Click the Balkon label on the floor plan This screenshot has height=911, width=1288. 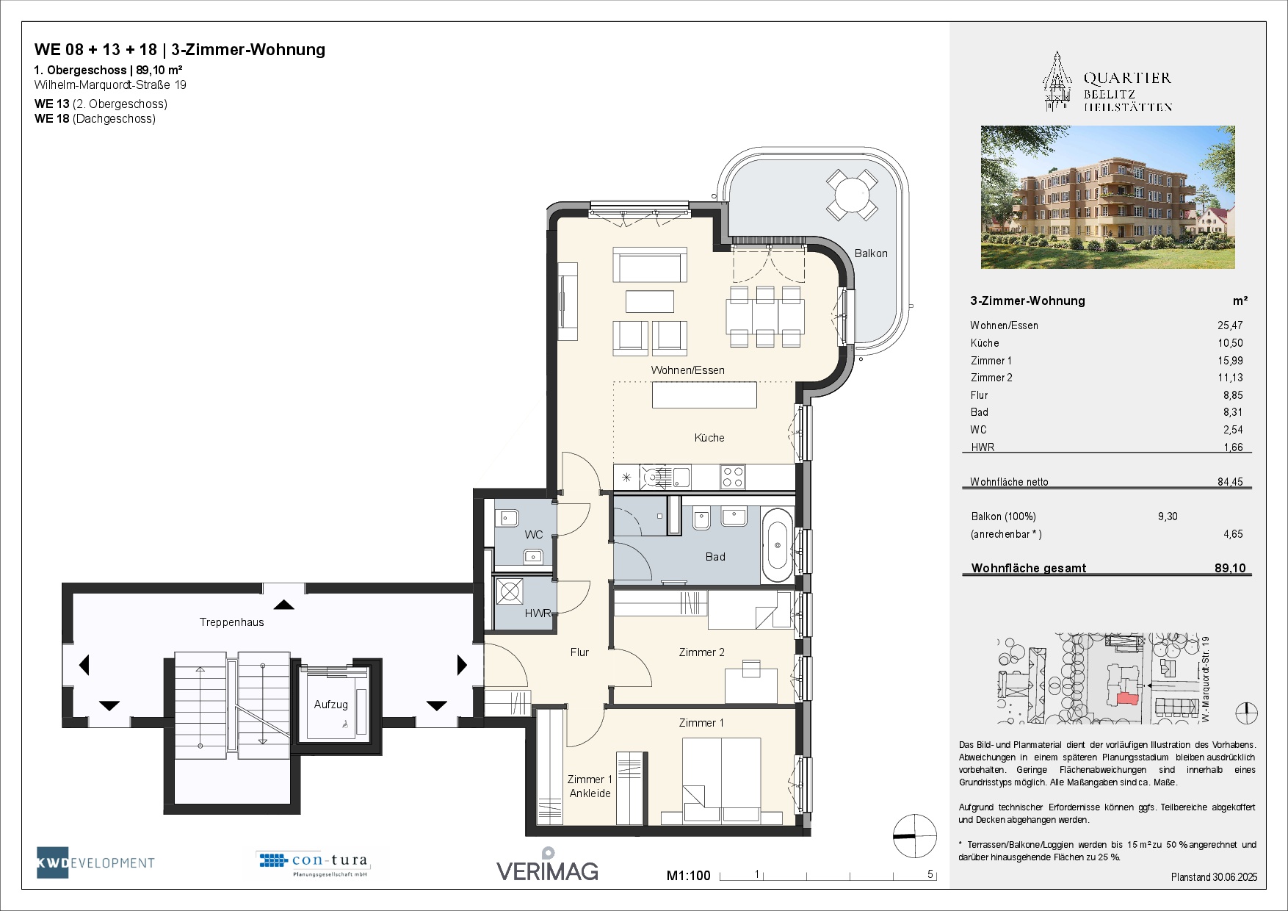tap(871, 253)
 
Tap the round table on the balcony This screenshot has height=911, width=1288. tap(852, 195)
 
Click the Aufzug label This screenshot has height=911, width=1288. tap(331, 705)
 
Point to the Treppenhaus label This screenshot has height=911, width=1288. tap(232, 622)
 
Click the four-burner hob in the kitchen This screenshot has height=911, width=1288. tap(733, 477)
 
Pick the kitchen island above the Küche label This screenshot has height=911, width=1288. tap(704, 395)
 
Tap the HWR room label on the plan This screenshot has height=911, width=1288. tap(538, 613)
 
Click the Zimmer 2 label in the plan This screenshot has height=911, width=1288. tap(702, 652)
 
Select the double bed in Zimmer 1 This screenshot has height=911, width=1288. tap(721, 780)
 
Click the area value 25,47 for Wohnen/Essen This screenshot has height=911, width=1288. tap(1230, 325)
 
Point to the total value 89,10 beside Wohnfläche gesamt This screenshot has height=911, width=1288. tap(1230, 568)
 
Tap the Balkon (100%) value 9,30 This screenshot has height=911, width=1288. tap(1168, 516)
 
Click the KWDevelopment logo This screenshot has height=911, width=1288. tap(96, 863)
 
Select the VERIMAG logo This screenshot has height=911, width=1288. tap(548, 865)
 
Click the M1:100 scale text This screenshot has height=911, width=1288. tap(689, 876)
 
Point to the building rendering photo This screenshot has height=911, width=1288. tap(1107, 197)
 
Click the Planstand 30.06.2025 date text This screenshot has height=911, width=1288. tap(1214, 877)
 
